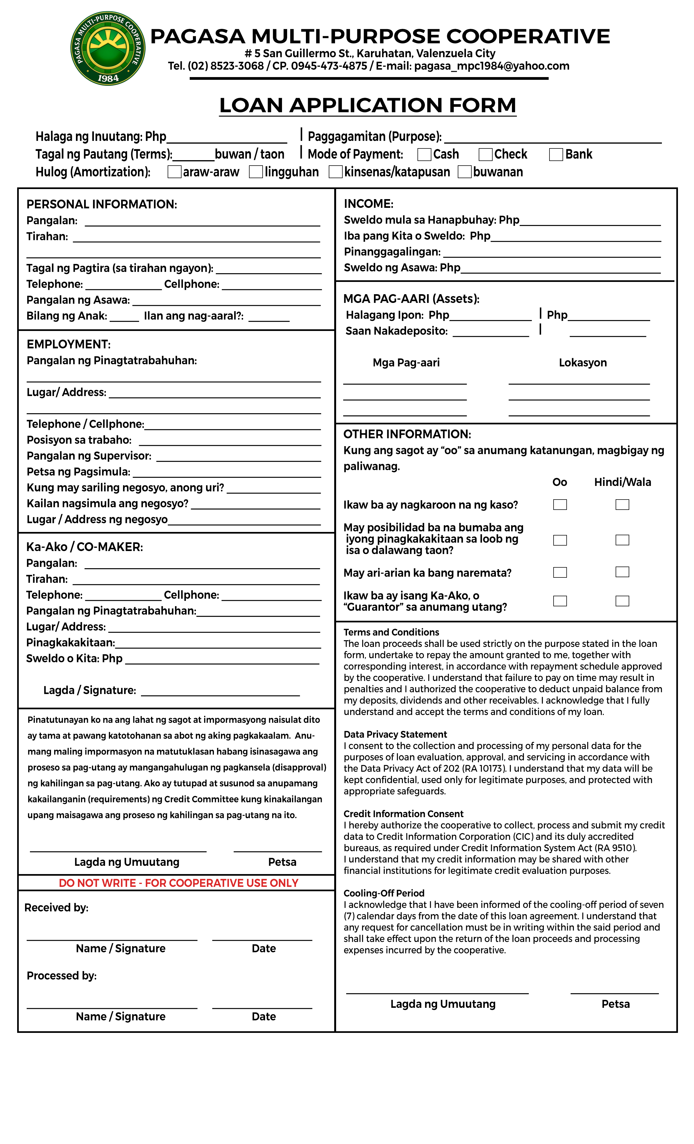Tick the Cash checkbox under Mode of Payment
pos(424,154)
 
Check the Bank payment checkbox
pos(556,154)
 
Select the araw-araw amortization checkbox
pos(174,172)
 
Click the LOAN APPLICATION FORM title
pos(367,105)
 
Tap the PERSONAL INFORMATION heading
pos(102,204)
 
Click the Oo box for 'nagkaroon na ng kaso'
pos(560,505)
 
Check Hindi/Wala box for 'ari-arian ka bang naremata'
pos(622,572)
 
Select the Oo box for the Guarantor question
pos(560,601)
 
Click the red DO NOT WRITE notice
pos(179,883)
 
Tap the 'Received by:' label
pos(56,908)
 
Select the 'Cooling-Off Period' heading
pos(384,893)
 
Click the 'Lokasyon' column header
pos(583,363)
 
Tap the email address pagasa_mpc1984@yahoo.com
pos(492,66)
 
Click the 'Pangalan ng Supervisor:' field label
pos(89,456)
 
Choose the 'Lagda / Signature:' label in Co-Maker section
pos(90,690)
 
